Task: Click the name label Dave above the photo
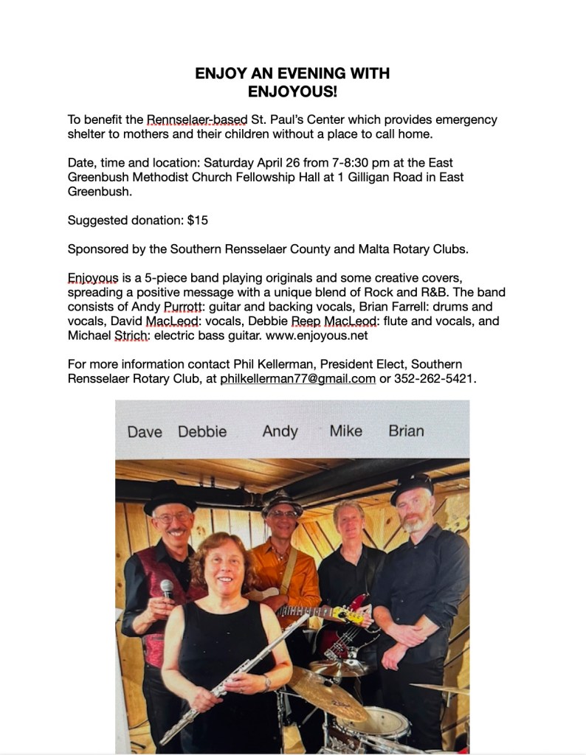click(145, 432)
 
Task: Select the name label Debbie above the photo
click(202, 431)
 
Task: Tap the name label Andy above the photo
click(280, 431)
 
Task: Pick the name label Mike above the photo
click(345, 431)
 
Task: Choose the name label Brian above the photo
click(406, 431)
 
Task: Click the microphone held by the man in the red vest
click(167, 588)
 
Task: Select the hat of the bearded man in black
click(413, 487)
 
